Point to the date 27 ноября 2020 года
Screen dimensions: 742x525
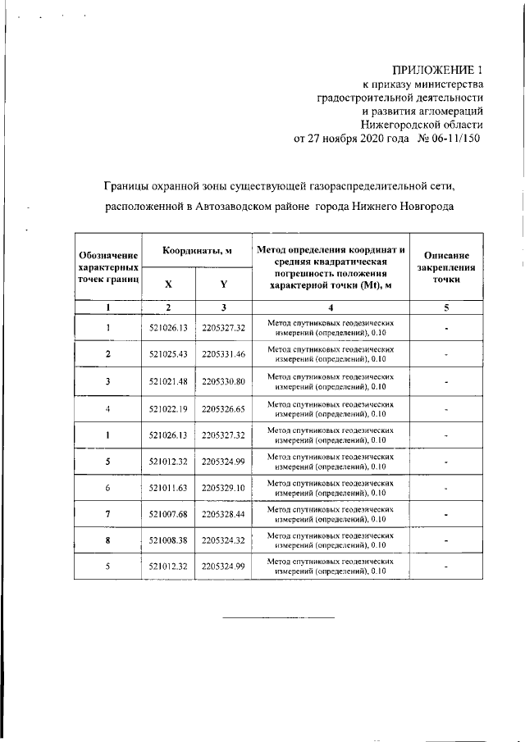(x=358, y=139)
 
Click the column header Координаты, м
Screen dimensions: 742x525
(x=196, y=250)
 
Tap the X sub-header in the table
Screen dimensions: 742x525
(x=168, y=285)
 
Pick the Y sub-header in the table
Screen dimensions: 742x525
(x=223, y=285)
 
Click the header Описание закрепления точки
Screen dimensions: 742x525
(x=447, y=267)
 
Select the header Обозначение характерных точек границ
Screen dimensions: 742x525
(x=107, y=267)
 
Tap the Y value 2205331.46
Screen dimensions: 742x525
(x=224, y=354)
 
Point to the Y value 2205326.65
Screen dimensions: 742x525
(x=224, y=407)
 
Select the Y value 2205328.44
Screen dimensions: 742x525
(x=224, y=514)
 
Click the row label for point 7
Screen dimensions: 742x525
(x=107, y=514)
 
